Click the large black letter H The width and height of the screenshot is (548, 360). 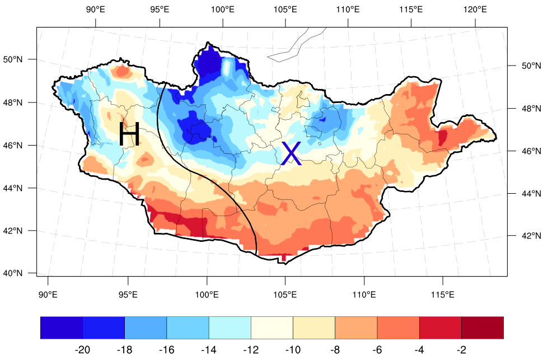[129, 135]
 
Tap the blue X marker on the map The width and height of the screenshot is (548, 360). [291, 154]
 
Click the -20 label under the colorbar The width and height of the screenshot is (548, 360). [82, 350]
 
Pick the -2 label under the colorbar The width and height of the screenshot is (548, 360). [461, 350]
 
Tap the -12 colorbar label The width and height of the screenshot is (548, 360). [251, 350]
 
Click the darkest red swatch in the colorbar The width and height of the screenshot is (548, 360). [482, 328]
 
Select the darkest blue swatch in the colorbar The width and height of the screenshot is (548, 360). [62, 328]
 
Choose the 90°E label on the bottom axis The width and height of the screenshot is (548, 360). [48, 295]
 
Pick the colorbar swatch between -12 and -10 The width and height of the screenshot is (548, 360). [271, 328]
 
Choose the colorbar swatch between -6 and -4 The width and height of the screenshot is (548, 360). [398, 328]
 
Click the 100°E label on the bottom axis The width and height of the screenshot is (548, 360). [207, 295]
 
